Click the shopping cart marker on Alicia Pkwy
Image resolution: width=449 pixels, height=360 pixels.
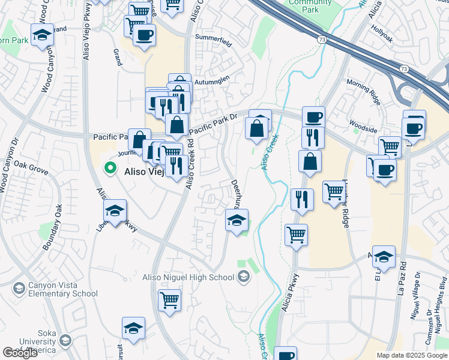(x=296, y=234)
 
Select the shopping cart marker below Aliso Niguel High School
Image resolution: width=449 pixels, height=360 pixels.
(x=170, y=299)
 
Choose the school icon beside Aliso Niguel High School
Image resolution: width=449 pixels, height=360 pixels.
(x=243, y=277)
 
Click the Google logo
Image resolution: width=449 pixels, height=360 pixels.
(x=20, y=353)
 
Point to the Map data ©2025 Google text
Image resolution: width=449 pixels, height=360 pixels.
(x=412, y=355)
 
